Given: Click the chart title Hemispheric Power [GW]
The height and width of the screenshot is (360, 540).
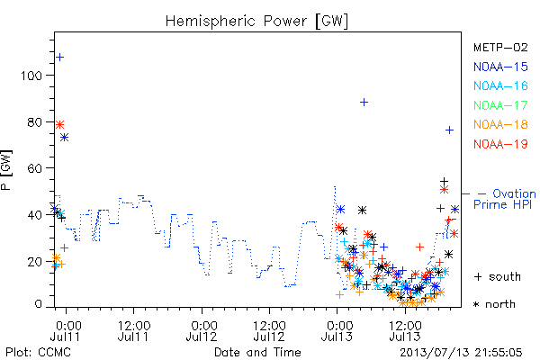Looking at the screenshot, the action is (256, 22).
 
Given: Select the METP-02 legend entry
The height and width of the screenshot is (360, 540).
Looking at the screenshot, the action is (500, 47).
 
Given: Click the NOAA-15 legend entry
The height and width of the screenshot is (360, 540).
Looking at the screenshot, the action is (500, 67).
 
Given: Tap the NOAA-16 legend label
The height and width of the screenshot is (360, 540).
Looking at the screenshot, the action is (500, 85).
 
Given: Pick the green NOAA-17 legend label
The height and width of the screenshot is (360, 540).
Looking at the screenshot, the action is (500, 105).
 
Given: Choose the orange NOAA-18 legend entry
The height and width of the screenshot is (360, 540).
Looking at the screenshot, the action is (500, 124).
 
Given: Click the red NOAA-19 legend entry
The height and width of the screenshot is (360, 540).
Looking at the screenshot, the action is (500, 144).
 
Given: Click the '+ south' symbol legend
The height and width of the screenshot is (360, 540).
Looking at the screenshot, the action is (498, 276).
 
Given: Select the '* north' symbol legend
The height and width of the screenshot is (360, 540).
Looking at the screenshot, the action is (494, 304).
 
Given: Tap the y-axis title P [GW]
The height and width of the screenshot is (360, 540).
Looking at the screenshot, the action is (6, 170).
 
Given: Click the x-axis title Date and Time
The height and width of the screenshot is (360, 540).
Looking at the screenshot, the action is (257, 353).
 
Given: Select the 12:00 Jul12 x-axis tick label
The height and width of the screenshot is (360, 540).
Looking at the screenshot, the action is (269, 331).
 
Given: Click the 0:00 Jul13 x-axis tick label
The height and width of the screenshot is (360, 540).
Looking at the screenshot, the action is (337, 331).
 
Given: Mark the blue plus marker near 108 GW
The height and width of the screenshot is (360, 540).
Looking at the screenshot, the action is (60, 58).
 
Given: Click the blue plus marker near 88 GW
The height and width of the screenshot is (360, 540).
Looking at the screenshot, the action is (364, 103).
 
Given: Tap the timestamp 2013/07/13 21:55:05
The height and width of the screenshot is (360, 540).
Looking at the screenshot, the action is (461, 353).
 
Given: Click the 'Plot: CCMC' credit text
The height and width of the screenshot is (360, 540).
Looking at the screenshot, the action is (38, 353).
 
